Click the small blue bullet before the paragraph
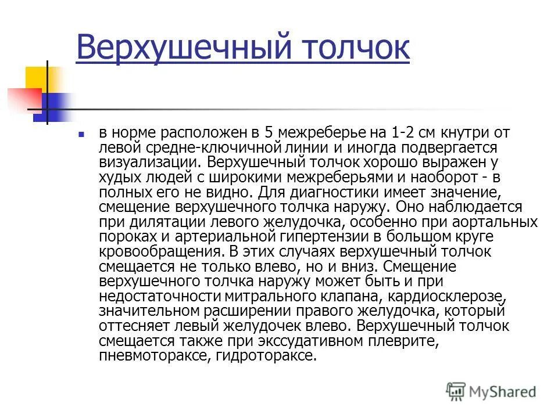(82, 134)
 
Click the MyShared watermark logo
(491, 391)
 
